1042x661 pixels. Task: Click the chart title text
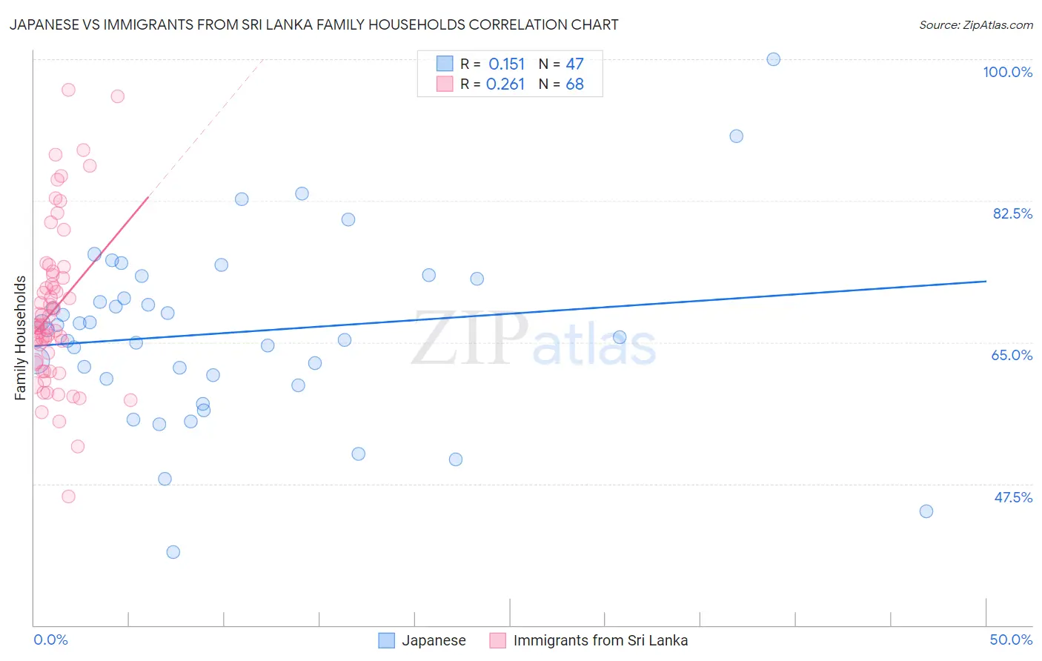pos(313,25)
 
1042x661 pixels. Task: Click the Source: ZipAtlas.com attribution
pos(975,25)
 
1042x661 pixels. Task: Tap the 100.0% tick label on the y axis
pos(1007,72)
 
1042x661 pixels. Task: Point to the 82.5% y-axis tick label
pos(1012,213)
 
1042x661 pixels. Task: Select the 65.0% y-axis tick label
pos(1012,355)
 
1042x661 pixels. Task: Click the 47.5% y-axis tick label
pos(1012,497)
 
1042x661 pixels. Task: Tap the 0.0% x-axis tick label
pos(50,640)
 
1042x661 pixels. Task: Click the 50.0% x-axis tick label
pos(1011,640)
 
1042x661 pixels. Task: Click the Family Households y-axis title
pos(21,338)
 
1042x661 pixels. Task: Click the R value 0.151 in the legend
pos(506,64)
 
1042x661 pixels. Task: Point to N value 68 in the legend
pos(574,84)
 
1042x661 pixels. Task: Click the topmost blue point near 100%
pos(773,59)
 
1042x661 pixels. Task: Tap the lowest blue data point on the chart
pos(173,552)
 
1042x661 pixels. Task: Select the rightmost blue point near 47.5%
pos(926,511)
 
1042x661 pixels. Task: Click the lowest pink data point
pos(68,496)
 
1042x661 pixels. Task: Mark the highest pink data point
pos(68,90)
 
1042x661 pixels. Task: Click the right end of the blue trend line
pos(986,282)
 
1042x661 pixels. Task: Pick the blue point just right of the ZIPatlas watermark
pos(620,337)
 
